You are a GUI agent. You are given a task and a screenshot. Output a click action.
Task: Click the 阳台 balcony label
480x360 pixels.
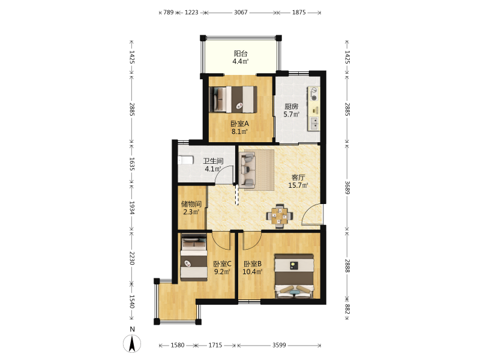pyautogui.click(x=241, y=53)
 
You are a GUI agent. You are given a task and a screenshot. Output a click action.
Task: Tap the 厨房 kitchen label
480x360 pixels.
pyautogui.click(x=291, y=107)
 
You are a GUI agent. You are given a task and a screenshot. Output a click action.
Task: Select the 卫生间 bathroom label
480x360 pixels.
pyautogui.click(x=213, y=161)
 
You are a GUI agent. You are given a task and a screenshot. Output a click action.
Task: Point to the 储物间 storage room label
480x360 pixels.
pyautogui.click(x=191, y=204)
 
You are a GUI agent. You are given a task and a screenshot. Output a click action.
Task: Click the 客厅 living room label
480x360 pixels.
pyautogui.click(x=298, y=177)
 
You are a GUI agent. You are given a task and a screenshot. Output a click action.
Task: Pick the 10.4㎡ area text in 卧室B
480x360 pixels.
pyautogui.click(x=252, y=272)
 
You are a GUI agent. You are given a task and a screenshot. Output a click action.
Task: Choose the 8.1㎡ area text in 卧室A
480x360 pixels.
pyautogui.click(x=239, y=131)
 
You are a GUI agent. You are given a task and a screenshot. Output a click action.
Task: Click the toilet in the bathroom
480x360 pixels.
pyautogui.click(x=185, y=160)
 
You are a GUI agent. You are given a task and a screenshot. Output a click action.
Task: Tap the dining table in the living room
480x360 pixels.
pyautogui.click(x=280, y=216)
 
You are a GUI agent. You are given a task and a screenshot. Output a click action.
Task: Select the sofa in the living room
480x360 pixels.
pyautogui.click(x=248, y=170)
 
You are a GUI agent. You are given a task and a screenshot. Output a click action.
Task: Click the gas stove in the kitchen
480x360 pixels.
pyautogui.click(x=313, y=94)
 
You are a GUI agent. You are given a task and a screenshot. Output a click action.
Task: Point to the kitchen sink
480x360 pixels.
pyautogui.click(x=314, y=124)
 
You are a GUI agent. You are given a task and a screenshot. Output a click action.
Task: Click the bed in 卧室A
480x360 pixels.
pyautogui.click(x=233, y=100)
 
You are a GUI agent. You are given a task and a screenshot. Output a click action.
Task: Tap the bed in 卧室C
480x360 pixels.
pyautogui.click(x=194, y=257)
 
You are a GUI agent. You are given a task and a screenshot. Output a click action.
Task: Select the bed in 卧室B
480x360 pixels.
pyautogui.click(x=295, y=276)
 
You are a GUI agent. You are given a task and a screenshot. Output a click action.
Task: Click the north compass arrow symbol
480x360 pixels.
pyautogui.click(x=132, y=343)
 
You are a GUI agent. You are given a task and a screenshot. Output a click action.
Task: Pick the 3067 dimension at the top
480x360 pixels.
pyautogui.click(x=241, y=13)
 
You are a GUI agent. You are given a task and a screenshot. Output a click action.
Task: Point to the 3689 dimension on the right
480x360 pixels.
pyautogui.click(x=347, y=187)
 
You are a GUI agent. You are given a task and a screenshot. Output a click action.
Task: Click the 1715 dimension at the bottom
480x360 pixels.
pyautogui.click(x=215, y=346)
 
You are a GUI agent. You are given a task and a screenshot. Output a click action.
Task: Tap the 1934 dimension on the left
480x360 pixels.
pyautogui.click(x=131, y=208)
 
